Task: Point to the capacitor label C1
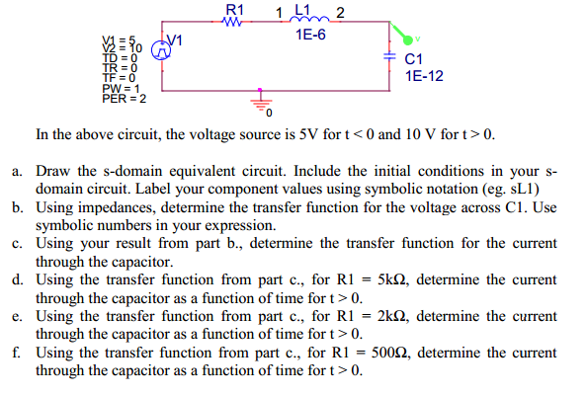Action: (x=416, y=60)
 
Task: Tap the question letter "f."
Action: (x=19, y=353)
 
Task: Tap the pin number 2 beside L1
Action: (x=340, y=13)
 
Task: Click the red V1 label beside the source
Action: (x=179, y=40)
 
